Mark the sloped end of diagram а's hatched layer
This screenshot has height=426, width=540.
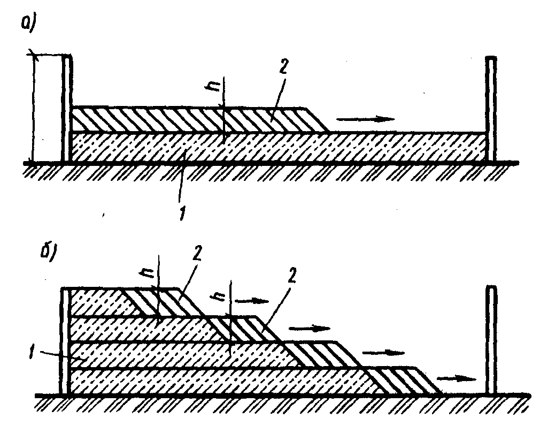click(x=316, y=119)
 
